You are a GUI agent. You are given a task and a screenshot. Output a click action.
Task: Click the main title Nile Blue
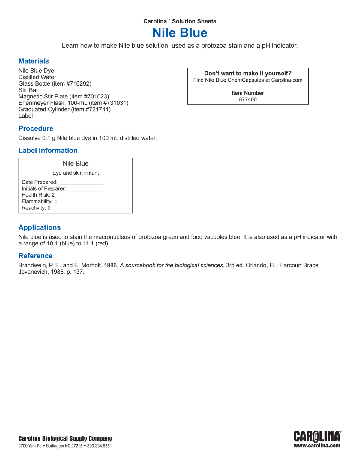[x=180, y=33]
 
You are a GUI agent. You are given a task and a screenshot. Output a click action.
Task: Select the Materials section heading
[x=34, y=61]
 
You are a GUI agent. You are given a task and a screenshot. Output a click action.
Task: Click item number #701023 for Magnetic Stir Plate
[x=96, y=96]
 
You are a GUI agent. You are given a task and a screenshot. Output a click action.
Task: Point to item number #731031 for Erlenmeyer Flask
[x=115, y=103]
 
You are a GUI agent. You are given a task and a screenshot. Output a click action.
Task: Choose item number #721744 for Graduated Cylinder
[x=97, y=109]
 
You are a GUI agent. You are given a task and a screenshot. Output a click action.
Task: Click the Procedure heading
[x=36, y=128]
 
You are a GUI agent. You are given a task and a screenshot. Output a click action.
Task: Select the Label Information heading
[x=48, y=150]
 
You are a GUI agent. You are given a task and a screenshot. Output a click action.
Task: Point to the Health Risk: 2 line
[x=38, y=195]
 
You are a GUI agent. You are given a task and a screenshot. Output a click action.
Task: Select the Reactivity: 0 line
[x=36, y=208]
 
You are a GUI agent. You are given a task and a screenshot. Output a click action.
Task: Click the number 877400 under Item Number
[x=248, y=99]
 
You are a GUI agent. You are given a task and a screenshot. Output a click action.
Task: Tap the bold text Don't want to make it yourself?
[x=248, y=73]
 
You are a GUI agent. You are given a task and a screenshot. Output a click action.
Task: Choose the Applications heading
[x=40, y=227]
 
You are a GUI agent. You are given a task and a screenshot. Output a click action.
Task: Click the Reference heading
[x=35, y=256]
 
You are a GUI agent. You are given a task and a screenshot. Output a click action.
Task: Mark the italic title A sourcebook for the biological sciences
[x=172, y=265]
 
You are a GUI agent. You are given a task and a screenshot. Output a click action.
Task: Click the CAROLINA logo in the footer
[x=317, y=436]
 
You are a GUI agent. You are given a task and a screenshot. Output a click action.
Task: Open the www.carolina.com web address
[x=317, y=446]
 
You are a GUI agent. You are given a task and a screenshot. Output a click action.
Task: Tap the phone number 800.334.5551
[x=100, y=446]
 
